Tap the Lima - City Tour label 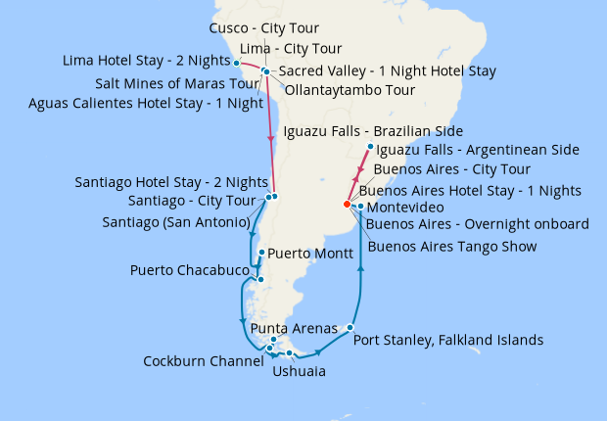[x=291, y=48]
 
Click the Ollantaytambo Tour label [x=351, y=90]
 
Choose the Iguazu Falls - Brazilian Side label [x=372, y=131]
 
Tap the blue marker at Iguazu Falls [x=370, y=148]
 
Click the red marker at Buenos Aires [x=347, y=205]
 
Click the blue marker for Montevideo [x=361, y=207]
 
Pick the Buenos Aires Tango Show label [x=451, y=246]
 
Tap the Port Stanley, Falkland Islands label [x=447, y=341]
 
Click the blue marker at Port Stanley [x=350, y=327]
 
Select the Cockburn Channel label [x=200, y=360]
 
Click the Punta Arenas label [x=295, y=328]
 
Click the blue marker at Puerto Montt [x=260, y=252]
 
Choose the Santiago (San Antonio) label [x=175, y=222]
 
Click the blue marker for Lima [x=237, y=63]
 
